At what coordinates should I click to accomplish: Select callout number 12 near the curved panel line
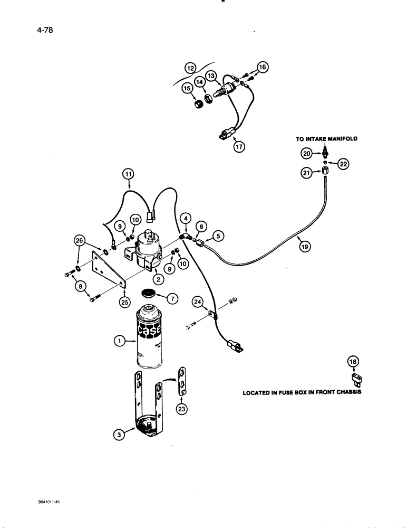point(190,67)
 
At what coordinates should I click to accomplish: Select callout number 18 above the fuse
point(353,362)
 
